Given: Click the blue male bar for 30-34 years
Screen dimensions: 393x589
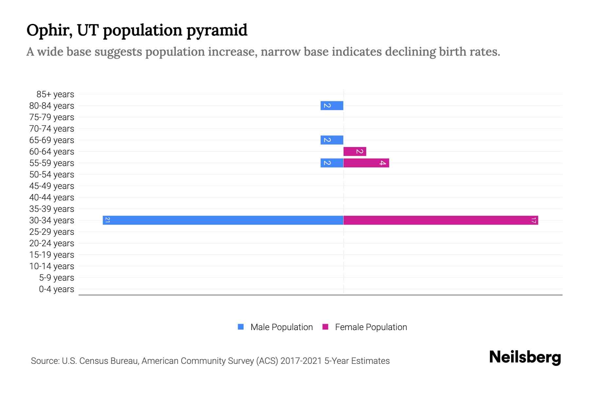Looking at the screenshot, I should [223, 220].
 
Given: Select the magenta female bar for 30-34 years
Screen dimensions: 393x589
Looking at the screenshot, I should [440, 220].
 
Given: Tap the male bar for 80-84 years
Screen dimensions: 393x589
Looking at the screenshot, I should [332, 105].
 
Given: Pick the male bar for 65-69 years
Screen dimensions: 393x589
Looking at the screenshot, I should [332, 140].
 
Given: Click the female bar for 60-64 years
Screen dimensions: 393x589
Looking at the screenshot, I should [355, 151].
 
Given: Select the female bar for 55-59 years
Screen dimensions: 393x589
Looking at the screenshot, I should [366, 163].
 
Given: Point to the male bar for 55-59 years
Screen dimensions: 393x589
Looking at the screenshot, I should [332, 163].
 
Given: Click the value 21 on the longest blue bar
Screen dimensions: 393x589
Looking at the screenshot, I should [107, 220].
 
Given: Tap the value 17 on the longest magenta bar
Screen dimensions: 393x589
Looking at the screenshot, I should [534, 220].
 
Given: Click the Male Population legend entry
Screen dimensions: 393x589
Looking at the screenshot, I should [281, 327].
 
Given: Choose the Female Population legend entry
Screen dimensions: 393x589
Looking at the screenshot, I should [371, 327].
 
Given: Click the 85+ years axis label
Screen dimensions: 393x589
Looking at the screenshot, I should [55, 94].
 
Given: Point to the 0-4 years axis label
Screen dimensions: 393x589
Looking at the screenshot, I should [56, 289].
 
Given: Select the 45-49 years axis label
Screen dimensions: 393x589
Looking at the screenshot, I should [52, 186].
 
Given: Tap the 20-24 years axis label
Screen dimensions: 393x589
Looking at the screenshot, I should [52, 243].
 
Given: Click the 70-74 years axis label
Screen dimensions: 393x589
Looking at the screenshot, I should [52, 129].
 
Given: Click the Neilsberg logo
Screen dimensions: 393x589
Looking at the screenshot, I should [525, 357].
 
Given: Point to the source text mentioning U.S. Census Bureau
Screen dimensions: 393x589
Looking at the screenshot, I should [210, 361].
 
